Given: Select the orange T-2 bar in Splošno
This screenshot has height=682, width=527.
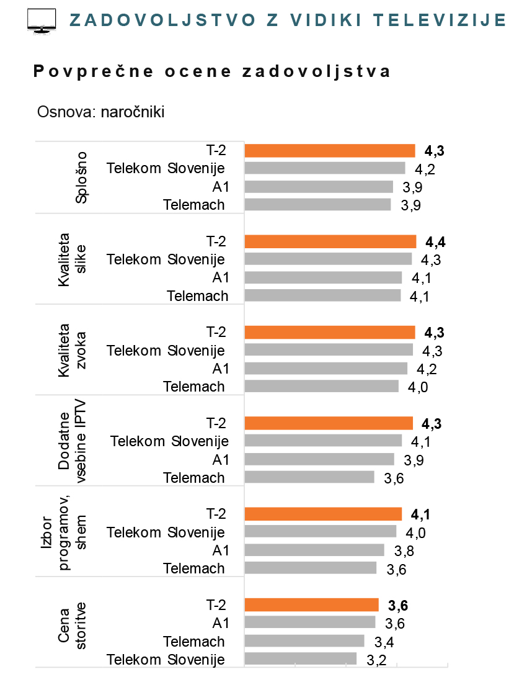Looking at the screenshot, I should point(330,150).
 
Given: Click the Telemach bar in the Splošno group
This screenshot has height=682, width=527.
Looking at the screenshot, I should point(318,205).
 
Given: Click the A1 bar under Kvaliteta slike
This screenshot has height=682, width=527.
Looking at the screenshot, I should point(323,277).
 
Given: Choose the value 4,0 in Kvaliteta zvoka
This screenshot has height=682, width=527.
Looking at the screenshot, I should point(417,387).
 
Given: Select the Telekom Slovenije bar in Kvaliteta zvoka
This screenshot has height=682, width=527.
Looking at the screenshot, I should point(329,350).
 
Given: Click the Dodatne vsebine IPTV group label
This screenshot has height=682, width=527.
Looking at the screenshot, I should point(72,441).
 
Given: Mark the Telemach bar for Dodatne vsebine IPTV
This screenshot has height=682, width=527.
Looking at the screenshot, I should point(309,477).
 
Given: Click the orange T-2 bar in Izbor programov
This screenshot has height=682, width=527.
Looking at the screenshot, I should point(323,514).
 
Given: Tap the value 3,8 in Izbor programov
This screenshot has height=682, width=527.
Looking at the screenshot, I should point(404,550).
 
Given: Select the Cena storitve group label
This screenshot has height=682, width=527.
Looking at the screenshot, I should point(72,624).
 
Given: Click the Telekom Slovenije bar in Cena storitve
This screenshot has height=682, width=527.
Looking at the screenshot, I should point(301,659).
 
